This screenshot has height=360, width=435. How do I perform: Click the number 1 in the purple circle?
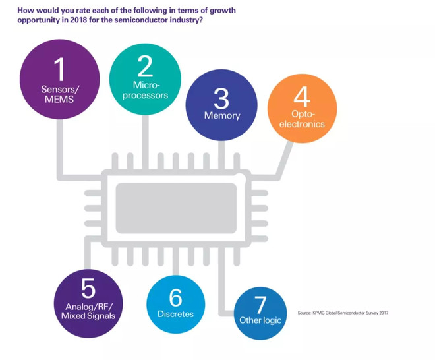click(x=59, y=69)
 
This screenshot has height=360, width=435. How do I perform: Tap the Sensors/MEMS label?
click(x=60, y=94)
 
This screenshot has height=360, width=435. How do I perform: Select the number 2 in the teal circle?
click(x=145, y=66)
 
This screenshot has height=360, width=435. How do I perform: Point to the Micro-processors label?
click(x=145, y=90)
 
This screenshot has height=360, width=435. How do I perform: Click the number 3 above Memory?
click(x=221, y=98)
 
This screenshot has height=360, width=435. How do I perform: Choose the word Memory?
click(x=222, y=115)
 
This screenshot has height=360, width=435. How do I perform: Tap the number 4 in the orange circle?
click(x=302, y=96)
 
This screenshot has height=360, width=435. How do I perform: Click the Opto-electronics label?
click(x=302, y=119)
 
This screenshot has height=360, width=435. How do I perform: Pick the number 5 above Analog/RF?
click(x=88, y=288)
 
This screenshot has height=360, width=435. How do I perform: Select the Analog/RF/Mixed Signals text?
click(x=88, y=311)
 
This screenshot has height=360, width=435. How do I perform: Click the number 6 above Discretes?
click(x=175, y=297)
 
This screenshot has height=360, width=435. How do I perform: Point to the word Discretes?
click(x=175, y=314)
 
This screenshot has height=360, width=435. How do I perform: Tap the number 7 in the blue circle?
click(x=260, y=305)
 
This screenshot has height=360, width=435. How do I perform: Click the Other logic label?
click(x=260, y=320)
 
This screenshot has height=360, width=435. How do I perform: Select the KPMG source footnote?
click(x=343, y=313)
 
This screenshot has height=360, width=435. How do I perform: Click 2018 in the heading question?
click(x=79, y=20)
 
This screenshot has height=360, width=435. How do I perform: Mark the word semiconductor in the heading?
click(x=141, y=20)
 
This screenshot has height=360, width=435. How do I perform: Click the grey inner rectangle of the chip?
click(x=176, y=208)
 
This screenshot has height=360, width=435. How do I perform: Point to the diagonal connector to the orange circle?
click(x=285, y=160)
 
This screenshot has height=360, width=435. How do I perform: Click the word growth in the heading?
click(x=223, y=11)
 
